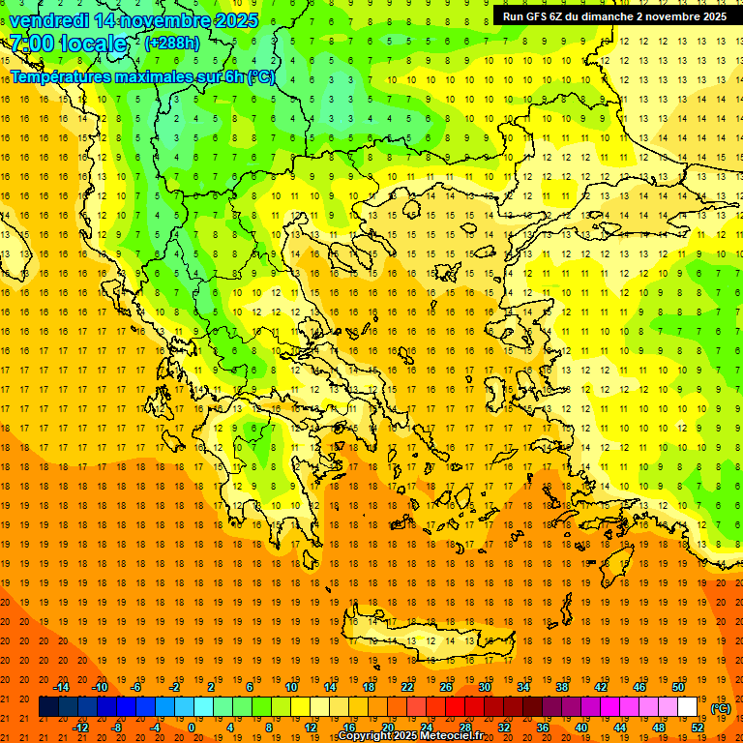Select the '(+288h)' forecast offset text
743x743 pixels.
click(x=172, y=44)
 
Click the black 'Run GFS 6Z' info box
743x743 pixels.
click(x=614, y=16)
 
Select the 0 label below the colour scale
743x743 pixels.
click(x=192, y=728)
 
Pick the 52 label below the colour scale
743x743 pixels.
click(x=698, y=728)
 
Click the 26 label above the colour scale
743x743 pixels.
click(x=446, y=687)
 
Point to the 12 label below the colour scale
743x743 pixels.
click(x=311, y=728)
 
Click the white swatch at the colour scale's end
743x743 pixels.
click(x=687, y=707)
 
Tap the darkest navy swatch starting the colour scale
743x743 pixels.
click(x=48, y=707)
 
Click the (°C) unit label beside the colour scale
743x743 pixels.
click(x=721, y=708)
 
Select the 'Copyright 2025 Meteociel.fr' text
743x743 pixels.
click(x=410, y=736)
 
